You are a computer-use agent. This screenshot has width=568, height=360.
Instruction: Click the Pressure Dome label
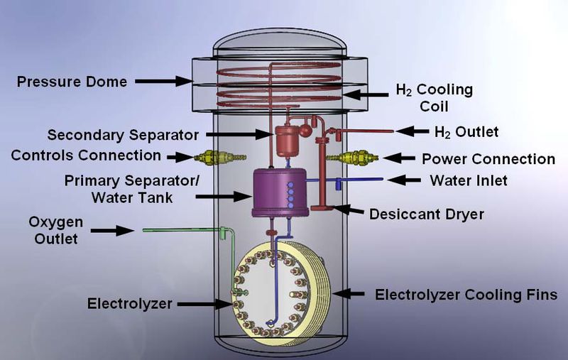[72, 82]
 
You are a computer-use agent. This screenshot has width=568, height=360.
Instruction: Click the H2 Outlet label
[466, 131]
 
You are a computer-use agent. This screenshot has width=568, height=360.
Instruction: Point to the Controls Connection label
[86, 155]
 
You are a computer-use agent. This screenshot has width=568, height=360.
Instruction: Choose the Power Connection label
[488, 158]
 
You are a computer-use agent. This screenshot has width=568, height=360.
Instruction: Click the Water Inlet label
[469, 180]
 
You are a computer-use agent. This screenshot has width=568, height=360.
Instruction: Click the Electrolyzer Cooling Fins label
[466, 294]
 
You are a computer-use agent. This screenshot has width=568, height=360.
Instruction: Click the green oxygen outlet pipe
[185, 229]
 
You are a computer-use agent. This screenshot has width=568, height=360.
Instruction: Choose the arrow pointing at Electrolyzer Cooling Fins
[351, 293]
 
